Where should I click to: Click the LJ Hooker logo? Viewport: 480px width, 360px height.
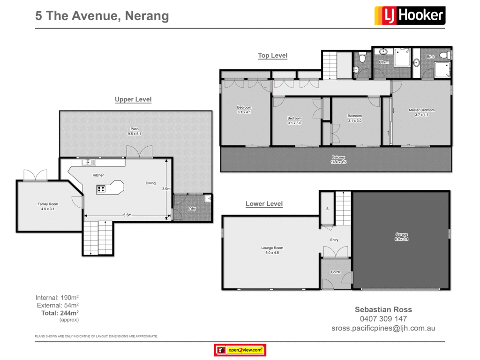(410, 15)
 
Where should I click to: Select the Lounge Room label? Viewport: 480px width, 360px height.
(272, 250)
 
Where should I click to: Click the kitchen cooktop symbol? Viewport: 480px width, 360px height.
(101, 189)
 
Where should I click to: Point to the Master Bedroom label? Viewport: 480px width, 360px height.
(421, 112)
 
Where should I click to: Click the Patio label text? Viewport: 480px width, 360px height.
(135, 131)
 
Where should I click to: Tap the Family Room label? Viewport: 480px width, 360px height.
(48, 206)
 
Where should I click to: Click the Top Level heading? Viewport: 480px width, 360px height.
(272, 55)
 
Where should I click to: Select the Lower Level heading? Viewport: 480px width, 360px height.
(264, 204)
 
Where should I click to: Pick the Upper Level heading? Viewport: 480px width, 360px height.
(133, 99)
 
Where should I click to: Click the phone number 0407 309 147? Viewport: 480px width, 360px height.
(383, 319)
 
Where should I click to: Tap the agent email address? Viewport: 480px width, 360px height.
(383, 328)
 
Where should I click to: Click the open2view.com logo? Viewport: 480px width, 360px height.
(240, 350)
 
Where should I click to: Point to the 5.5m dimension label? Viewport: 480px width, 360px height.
(127, 215)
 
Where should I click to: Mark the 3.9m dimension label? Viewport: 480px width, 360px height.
(165, 189)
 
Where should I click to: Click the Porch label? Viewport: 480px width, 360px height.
(335, 272)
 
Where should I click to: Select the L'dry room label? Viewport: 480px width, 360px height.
(192, 208)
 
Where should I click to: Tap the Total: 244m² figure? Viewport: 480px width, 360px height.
(60, 313)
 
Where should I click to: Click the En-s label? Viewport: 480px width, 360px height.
(430, 57)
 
